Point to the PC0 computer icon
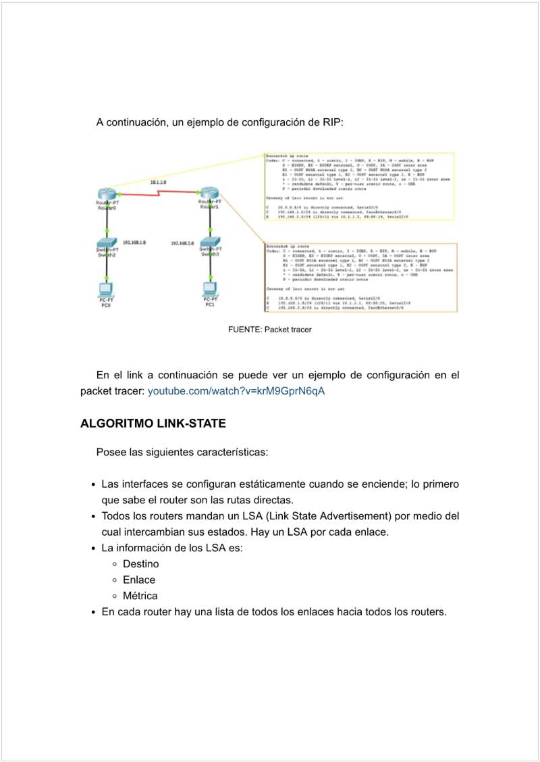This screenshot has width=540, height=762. tap(106, 288)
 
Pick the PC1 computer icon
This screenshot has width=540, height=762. tap(210, 288)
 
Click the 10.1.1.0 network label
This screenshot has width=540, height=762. tap(159, 183)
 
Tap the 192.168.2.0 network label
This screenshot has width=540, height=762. tap(182, 243)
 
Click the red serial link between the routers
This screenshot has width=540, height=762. tap(158, 195)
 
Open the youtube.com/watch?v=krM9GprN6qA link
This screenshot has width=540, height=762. tap(236, 391)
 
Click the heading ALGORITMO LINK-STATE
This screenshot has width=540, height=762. tap(153, 424)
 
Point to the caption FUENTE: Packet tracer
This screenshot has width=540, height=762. tap(270, 330)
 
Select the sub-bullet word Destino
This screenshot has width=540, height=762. tap(141, 563)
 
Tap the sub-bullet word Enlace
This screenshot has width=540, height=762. tap(139, 580)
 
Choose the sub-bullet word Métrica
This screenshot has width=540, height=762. tap(140, 596)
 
